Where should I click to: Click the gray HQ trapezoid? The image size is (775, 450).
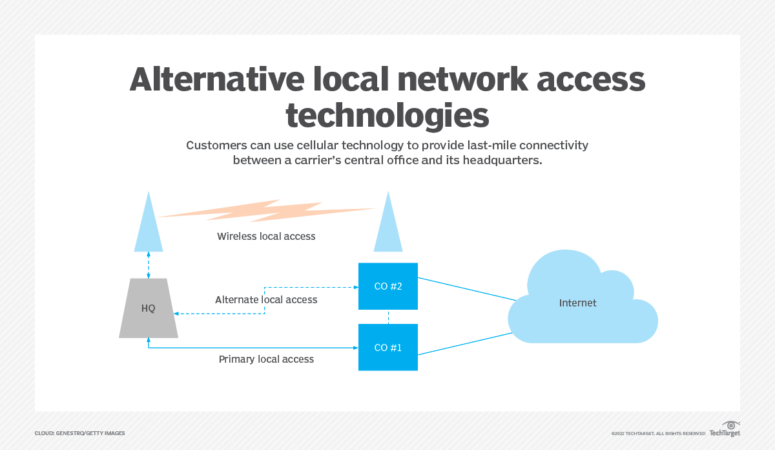point(149,308)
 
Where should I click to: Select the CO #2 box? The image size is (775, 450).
point(388,286)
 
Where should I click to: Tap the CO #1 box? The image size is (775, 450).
point(388,347)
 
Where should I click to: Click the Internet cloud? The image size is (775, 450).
point(578,304)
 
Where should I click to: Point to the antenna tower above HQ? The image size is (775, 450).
point(149,226)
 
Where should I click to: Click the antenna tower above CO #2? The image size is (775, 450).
point(388,226)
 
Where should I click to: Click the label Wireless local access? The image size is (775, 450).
point(266,237)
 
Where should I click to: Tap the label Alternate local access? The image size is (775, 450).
point(266,300)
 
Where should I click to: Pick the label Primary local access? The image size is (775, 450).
point(266,359)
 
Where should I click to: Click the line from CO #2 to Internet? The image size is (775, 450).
point(466,289)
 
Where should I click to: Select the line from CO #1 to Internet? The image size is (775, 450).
point(466,343)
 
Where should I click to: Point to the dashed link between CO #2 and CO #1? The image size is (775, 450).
point(388,317)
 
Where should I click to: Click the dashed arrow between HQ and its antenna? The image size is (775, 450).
point(149,265)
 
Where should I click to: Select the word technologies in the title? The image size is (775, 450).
point(387,115)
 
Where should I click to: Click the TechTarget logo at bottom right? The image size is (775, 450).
point(725,430)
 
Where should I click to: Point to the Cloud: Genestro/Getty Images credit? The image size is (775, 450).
point(80,433)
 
